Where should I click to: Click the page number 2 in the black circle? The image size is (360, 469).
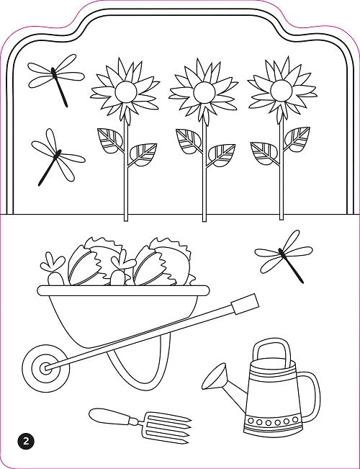(26, 441)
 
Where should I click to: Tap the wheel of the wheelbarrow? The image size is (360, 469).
(46, 368)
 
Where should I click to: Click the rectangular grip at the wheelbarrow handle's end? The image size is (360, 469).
(246, 304)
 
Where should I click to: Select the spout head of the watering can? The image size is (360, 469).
(215, 376)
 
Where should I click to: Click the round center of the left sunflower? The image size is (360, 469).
(126, 91)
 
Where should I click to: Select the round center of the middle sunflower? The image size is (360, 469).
(204, 92)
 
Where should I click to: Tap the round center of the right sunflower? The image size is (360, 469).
(281, 90)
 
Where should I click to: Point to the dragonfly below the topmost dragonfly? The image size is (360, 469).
(58, 157)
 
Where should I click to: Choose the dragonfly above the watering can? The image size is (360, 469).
(284, 255)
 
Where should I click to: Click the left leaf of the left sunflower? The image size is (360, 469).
(110, 140)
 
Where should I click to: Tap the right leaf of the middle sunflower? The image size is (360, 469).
(222, 155)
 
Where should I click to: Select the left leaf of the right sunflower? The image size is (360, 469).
(264, 153)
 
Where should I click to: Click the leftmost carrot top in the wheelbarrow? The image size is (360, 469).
(53, 262)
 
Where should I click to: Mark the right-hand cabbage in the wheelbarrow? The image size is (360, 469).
(163, 262)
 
